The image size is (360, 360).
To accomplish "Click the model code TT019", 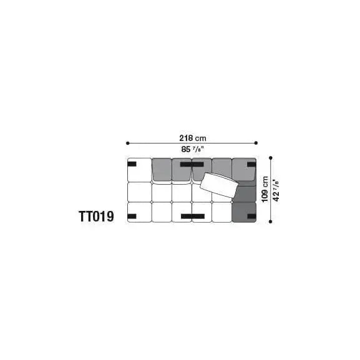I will (96, 216).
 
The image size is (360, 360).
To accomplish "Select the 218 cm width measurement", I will (192, 138).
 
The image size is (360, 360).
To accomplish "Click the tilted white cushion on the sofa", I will (218, 185).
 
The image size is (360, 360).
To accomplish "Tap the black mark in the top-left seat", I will (133, 165).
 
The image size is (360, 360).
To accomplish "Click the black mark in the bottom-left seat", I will (132, 216).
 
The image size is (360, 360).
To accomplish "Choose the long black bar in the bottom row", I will (193, 216).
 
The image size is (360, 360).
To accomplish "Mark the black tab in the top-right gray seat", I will (251, 165).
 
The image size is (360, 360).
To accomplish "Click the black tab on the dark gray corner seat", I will (251, 216).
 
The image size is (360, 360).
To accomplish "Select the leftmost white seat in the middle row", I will (139, 192).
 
